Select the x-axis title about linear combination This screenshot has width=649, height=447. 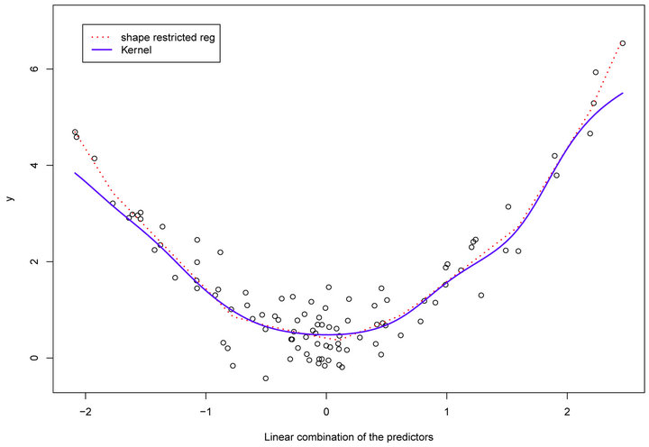click(349, 437)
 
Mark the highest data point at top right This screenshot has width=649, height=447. click(622, 43)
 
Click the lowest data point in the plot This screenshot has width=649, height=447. click(266, 379)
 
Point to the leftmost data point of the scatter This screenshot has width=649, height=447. click(75, 132)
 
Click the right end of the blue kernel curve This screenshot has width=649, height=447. click(622, 94)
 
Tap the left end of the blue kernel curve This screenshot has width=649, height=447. click(75, 173)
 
